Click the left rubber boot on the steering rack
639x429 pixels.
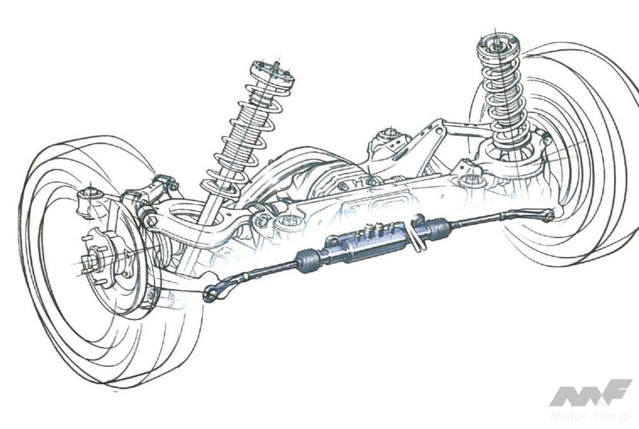pos(308,260)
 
